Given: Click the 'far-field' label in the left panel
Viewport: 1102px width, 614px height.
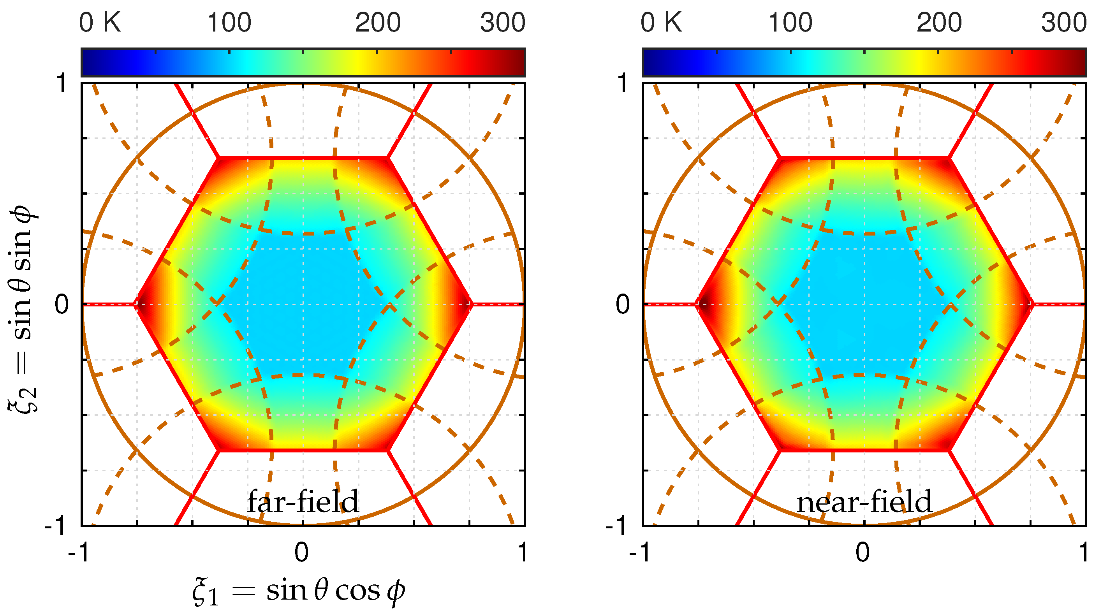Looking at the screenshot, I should point(303,501).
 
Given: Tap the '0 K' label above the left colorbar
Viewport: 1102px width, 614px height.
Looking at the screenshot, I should point(100,22).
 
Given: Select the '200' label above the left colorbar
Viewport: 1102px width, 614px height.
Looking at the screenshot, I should point(377,22).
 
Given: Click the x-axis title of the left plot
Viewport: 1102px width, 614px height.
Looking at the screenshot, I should point(298,591).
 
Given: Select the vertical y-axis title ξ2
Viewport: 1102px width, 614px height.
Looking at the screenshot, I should point(23,308).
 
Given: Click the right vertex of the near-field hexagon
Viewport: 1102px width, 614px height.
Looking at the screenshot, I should point(1031,304).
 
